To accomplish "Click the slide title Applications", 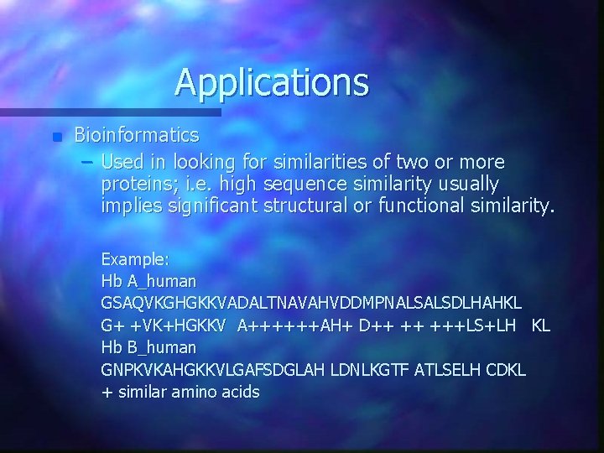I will pyautogui.click(x=272, y=82).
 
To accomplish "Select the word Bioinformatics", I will pyautogui.click(x=137, y=134).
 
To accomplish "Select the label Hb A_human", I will pyautogui.click(x=149, y=280).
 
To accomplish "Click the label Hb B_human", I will pyautogui.click(x=149, y=346).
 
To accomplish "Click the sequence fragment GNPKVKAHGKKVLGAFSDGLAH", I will pyautogui.click(x=220, y=368).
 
